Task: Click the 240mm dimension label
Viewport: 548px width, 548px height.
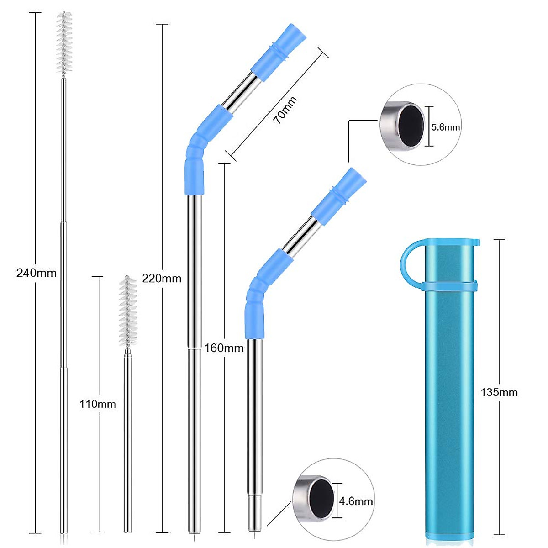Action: click(x=37, y=273)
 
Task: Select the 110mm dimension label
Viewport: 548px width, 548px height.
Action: click(x=98, y=404)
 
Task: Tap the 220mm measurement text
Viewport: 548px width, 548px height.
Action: click(x=162, y=278)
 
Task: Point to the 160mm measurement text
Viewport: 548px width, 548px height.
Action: click(x=224, y=348)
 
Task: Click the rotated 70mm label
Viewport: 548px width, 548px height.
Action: click(x=285, y=110)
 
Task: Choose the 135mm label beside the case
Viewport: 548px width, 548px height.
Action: click(x=499, y=392)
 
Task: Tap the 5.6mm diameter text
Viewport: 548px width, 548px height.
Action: click(x=446, y=127)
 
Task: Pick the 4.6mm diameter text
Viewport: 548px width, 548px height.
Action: click(x=356, y=501)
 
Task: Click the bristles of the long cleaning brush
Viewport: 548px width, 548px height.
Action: click(x=64, y=43)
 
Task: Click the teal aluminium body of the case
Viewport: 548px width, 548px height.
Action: click(x=450, y=411)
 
